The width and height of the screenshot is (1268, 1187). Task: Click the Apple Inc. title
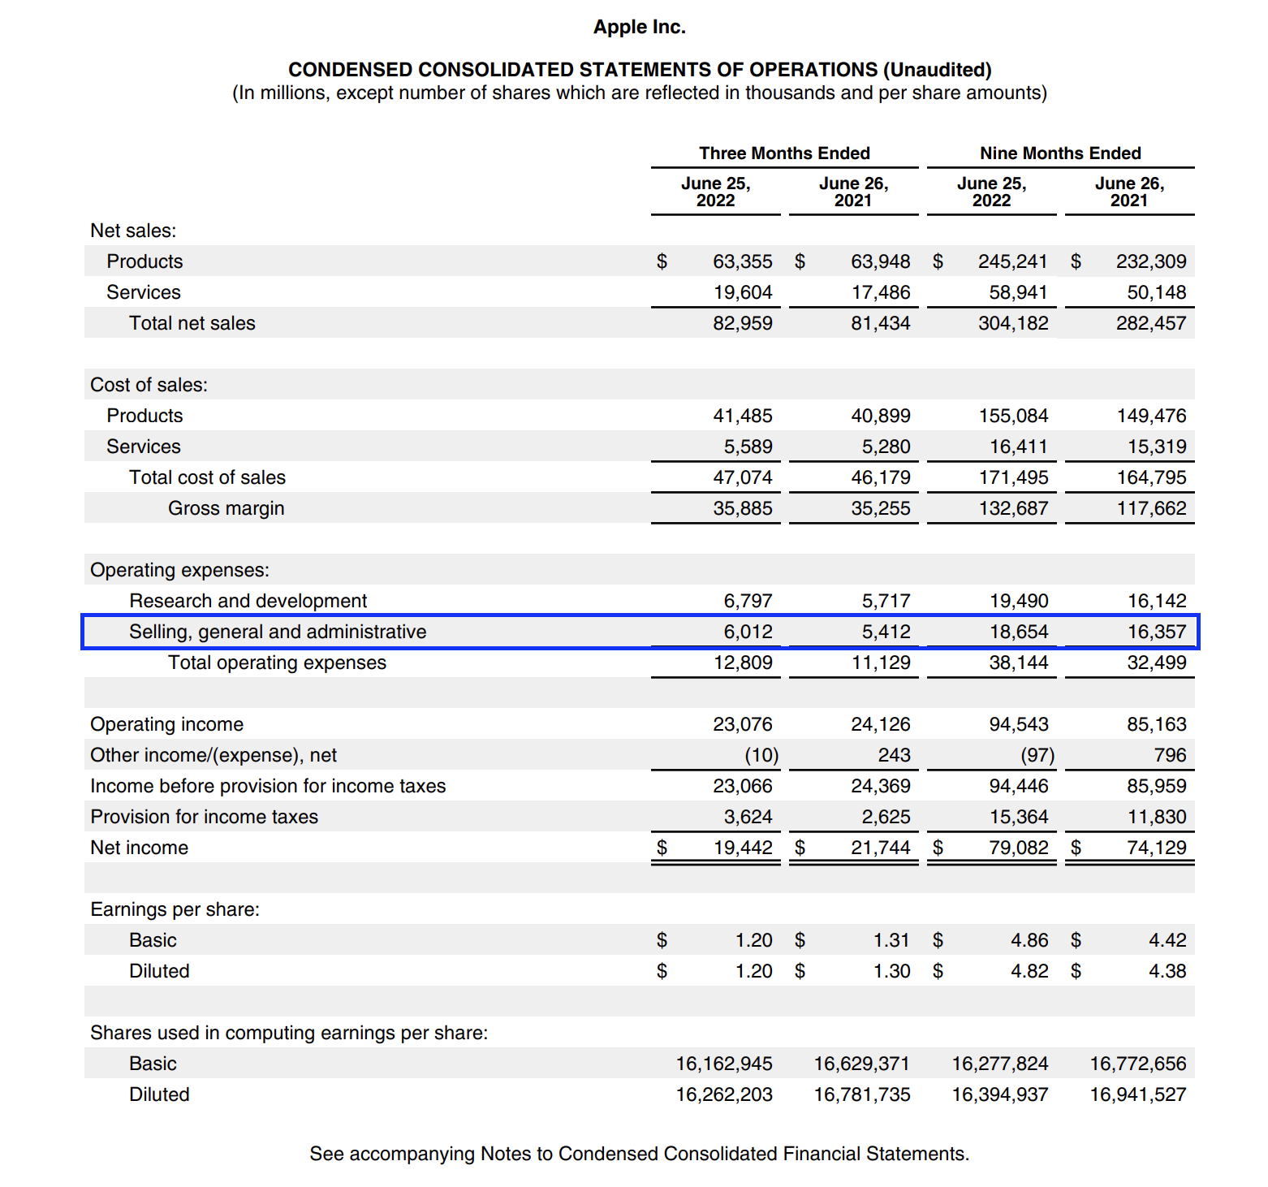tap(639, 27)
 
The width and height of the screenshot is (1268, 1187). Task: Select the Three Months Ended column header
tap(784, 153)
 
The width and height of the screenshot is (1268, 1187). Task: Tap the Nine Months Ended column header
tap(1060, 153)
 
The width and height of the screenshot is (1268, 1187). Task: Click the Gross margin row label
tap(226, 508)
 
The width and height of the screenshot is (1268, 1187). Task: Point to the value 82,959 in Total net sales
tap(742, 323)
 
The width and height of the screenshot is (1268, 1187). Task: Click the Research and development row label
tap(248, 601)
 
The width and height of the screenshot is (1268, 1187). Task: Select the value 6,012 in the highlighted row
tap(748, 632)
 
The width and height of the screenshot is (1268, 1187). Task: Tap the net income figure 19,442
tap(742, 848)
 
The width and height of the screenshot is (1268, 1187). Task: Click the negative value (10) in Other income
tap(761, 755)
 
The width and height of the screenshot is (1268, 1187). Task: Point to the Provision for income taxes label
tap(204, 817)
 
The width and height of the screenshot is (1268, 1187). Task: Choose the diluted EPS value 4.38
tap(1167, 971)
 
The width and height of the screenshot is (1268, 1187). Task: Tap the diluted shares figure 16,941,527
tap(1137, 1094)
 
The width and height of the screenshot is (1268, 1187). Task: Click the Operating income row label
tap(166, 724)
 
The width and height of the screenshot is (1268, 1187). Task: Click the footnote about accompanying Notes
tap(639, 1154)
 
